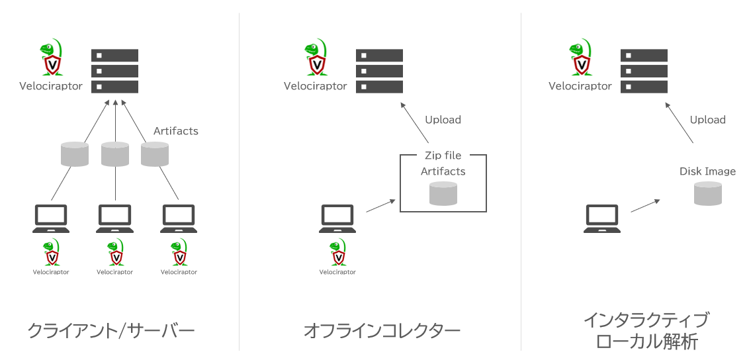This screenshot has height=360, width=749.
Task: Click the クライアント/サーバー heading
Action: (111, 330)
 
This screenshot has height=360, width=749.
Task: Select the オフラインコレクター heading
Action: (382, 330)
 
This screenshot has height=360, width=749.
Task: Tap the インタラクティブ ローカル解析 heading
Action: (646, 330)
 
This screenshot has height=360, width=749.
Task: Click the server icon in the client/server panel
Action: (114, 71)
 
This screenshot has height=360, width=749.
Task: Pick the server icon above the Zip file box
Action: (379, 71)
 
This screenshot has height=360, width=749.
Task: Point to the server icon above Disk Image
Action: (644, 71)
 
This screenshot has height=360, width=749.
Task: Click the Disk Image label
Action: (707, 171)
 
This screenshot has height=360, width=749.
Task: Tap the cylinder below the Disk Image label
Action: (707, 193)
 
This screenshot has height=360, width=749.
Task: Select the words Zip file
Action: (443, 156)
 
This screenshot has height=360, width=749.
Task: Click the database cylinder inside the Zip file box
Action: (443, 193)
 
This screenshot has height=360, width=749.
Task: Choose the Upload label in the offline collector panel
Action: (443, 120)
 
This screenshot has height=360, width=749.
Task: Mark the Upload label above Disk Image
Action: (707, 120)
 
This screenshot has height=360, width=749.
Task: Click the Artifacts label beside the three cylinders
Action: (175, 131)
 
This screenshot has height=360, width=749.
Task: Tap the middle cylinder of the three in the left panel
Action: (115, 154)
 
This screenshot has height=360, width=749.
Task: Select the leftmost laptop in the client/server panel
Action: (51, 218)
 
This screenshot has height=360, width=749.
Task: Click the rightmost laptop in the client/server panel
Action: (179, 218)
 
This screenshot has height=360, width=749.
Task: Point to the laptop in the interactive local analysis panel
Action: (601, 218)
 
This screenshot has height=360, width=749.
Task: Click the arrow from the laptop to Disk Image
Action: (645, 204)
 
